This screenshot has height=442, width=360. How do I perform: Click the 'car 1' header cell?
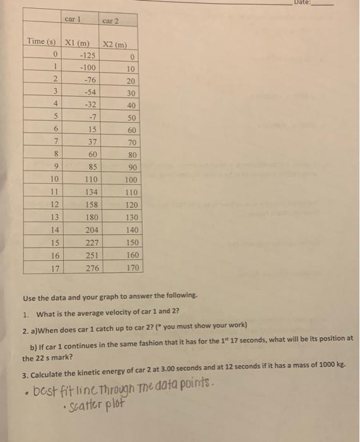point(75,19)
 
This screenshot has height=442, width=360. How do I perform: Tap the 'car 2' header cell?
point(110,21)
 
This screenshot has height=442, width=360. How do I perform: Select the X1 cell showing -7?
point(88,118)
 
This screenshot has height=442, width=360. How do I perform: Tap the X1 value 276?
point(92,268)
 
